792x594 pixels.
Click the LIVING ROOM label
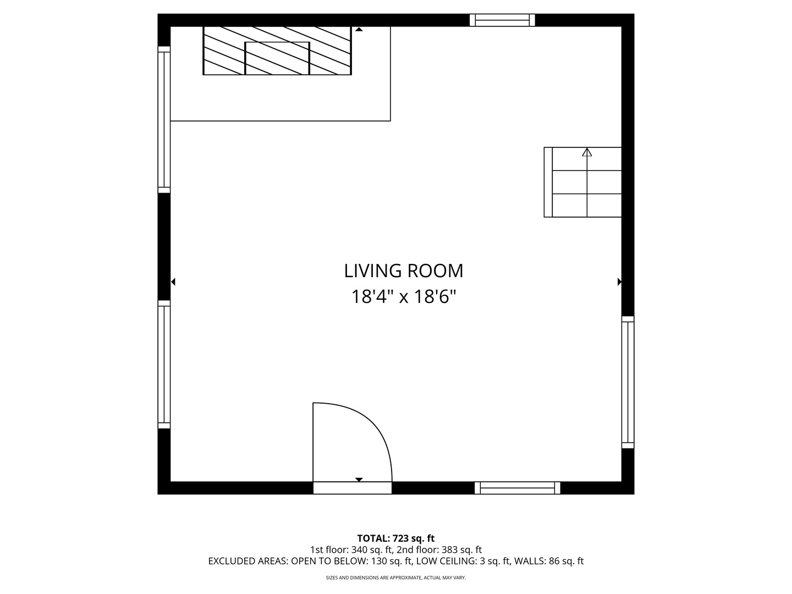403,271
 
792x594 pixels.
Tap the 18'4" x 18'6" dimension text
403,297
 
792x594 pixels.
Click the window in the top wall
502,20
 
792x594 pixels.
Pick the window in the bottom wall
517,488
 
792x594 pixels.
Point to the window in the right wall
628,382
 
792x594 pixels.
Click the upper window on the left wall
164,119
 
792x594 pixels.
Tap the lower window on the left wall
164,365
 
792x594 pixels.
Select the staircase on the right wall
582,182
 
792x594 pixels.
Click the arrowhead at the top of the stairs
587,152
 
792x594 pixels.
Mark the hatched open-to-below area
277,51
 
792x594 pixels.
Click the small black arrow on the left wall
173,282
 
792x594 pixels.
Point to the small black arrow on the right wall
619,282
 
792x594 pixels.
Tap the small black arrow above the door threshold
359,479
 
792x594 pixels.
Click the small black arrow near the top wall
359,29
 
